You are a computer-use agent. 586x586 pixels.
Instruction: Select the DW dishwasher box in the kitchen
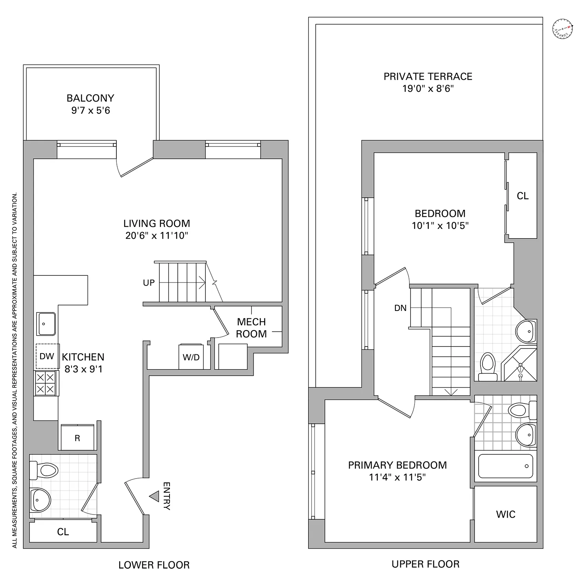47,356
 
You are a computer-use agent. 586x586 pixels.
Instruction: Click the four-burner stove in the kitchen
46,383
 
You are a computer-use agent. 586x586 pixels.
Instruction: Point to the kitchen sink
47,323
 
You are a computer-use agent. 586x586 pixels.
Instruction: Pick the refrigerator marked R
77,438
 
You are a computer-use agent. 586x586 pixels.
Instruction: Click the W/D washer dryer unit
191,357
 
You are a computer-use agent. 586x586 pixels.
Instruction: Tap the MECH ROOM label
251,328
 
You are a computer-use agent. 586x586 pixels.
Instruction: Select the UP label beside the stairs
149,283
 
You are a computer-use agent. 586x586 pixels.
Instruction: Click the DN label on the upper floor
400,308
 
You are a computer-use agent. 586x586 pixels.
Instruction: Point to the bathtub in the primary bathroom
506,466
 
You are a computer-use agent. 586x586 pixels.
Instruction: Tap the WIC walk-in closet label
506,514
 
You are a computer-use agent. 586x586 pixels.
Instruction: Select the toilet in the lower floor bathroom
44,470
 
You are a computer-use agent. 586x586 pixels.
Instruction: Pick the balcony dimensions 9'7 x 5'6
91,111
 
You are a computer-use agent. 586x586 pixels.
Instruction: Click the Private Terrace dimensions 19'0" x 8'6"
428,89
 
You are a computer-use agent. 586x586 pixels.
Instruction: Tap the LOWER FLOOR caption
154,565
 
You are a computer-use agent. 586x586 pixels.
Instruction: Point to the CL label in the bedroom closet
522,196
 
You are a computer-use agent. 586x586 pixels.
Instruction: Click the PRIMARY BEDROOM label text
397,465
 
